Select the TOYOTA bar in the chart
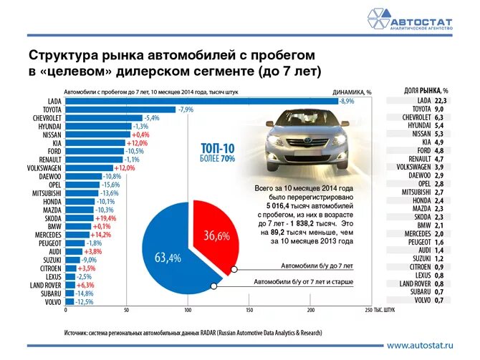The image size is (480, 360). [x=120, y=110]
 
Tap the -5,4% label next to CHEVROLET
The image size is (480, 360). [x=151, y=117]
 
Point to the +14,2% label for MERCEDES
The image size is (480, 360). [x=101, y=234]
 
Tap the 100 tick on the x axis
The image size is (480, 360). [x=188, y=310]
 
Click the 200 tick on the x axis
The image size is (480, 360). [x=310, y=310]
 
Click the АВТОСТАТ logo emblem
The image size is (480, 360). [x=378, y=19]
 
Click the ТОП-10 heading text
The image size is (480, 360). [x=218, y=148]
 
